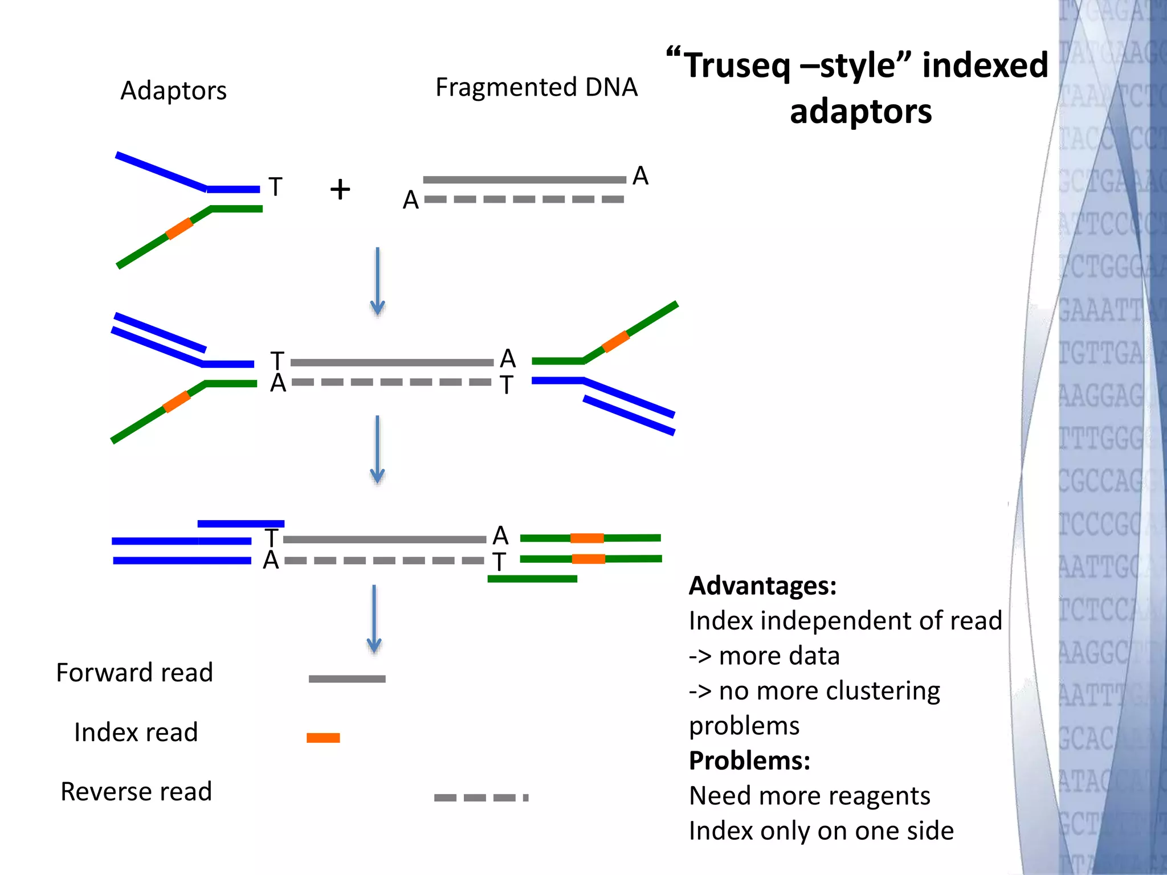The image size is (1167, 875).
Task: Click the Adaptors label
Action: point(173,91)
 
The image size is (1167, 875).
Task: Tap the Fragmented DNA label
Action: point(536,87)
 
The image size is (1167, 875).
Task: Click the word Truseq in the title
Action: point(737,65)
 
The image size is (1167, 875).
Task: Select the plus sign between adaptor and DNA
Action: point(340,189)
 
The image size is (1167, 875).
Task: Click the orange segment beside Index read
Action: point(323,738)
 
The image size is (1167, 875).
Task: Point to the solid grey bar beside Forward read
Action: point(347,678)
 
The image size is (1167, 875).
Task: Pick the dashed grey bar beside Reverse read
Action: point(481,798)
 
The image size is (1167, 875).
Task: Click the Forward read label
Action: point(134,673)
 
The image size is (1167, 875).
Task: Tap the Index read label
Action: point(136,732)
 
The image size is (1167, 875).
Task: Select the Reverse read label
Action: point(136,791)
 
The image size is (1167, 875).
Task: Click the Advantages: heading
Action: point(762,586)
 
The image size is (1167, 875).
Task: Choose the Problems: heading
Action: point(749,760)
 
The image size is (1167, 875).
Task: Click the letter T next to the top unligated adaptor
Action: point(275,187)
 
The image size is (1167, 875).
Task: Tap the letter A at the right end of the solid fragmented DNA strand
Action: point(640,175)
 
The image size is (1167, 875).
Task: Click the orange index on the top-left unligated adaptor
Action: point(179,228)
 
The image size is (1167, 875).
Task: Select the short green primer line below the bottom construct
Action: point(532,579)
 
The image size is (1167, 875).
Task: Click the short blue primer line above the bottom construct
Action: point(240,524)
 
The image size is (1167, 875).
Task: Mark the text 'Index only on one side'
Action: point(821,831)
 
